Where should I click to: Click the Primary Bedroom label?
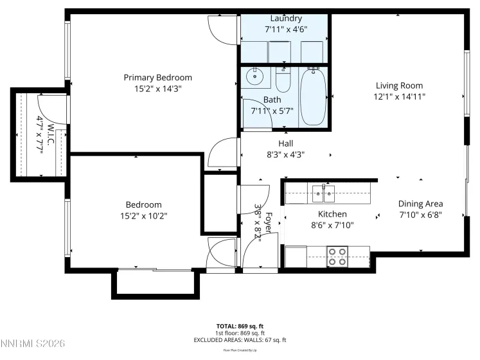point(157,78)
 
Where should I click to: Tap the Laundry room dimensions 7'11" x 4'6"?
point(286,29)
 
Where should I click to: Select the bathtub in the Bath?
point(314,96)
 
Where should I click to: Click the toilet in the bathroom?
point(283,79)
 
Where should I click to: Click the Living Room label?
point(399,85)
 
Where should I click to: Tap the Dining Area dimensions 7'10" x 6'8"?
point(420,215)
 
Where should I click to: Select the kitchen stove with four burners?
point(338,256)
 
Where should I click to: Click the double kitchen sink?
point(323,192)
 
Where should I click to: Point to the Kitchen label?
point(332,213)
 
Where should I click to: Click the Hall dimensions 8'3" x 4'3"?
point(286,154)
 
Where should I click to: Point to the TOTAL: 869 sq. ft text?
point(239,326)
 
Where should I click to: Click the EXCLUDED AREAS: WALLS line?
point(239,339)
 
